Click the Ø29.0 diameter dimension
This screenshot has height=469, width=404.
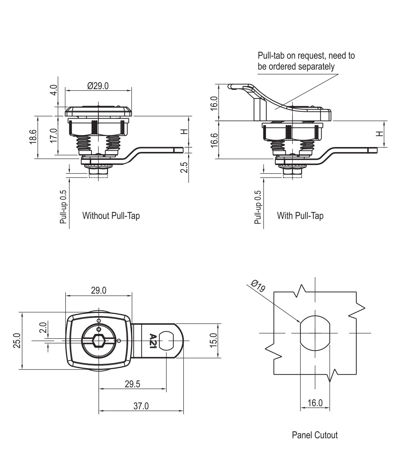point(98,86)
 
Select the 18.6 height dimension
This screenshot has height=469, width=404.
point(33,137)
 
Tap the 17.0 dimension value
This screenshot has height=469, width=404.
point(53,135)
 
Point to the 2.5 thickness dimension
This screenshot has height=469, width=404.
point(184,167)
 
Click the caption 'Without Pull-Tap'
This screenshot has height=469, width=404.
point(111,215)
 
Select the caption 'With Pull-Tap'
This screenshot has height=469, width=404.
point(300,215)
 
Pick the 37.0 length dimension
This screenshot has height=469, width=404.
point(141,406)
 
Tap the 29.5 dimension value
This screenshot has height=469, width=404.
point(132,384)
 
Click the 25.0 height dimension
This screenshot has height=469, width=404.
point(17,340)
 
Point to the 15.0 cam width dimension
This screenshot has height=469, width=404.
point(214,340)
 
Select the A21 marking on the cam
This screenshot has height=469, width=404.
point(153,341)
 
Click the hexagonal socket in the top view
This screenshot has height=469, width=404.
point(99,341)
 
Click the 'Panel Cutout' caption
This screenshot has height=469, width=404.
point(315,435)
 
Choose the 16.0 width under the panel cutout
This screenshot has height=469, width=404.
point(315,403)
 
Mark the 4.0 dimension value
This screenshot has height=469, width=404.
point(53,90)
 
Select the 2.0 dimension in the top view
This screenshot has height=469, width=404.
point(43,327)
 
